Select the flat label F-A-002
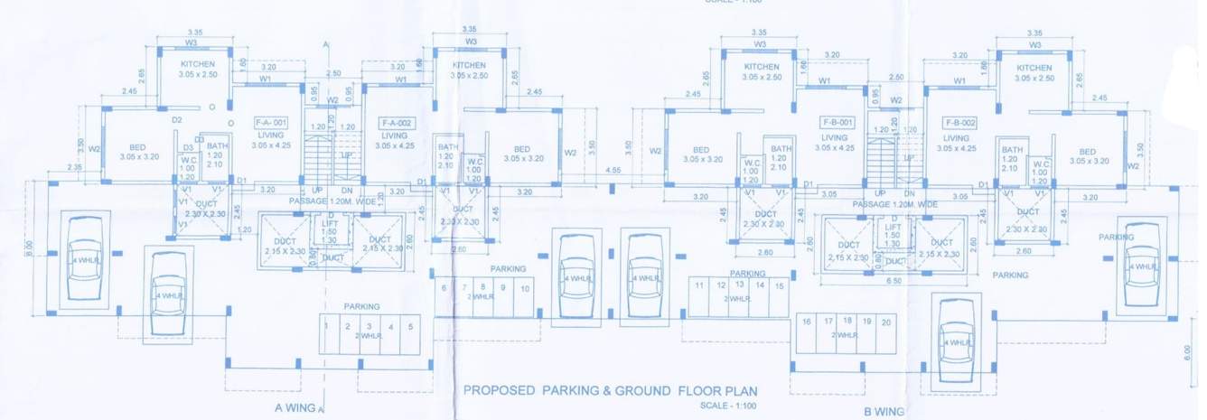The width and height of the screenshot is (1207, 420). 397,122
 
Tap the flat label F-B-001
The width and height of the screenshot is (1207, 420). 837,122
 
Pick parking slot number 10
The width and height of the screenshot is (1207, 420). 525,287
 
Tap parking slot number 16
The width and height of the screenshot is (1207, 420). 807,322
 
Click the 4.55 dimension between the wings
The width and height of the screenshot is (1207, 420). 613,170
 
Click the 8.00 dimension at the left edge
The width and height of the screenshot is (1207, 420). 29,244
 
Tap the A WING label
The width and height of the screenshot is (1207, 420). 295,407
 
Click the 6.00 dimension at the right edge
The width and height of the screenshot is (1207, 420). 1186,352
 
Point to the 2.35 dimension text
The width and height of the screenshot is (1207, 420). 74,167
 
